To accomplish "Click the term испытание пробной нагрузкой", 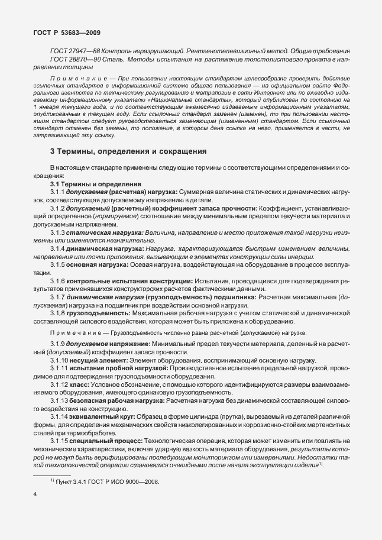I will click(x=110, y=368).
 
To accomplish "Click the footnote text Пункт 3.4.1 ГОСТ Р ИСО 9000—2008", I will click(x=109, y=481).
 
